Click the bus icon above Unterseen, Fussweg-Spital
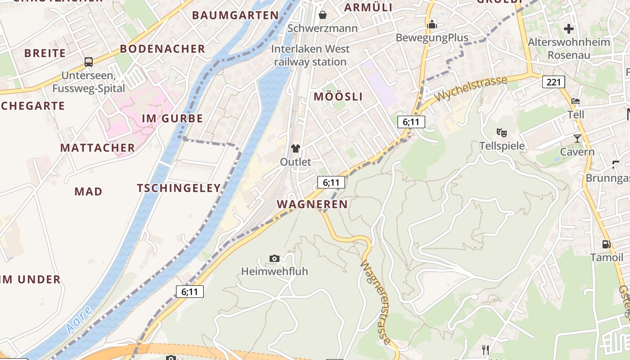pyautogui.click(x=89, y=62)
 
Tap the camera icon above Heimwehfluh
pyautogui.click(x=274, y=258)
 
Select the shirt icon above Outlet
pyautogui.click(x=295, y=148)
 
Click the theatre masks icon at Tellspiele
pyautogui.click(x=502, y=132)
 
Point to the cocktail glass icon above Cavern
pyautogui.click(x=577, y=138)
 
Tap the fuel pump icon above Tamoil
pyautogui.click(x=606, y=244)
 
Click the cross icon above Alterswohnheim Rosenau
pyautogui.click(x=569, y=29)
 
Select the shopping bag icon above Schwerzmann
pyautogui.click(x=322, y=15)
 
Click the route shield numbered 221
pyautogui.click(x=553, y=82)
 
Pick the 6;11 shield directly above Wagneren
pyautogui.click(x=331, y=182)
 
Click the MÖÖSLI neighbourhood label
pyautogui.click(x=338, y=97)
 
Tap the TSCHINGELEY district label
pyautogui.click(x=179, y=188)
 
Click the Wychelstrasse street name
pyautogui.click(x=471, y=89)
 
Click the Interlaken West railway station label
pyautogui.click(x=310, y=55)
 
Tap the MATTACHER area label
pyautogui.click(x=98, y=148)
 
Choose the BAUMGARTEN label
pyautogui.click(x=235, y=15)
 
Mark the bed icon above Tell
pyautogui.click(x=576, y=101)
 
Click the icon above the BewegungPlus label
pyautogui.click(x=432, y=24)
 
